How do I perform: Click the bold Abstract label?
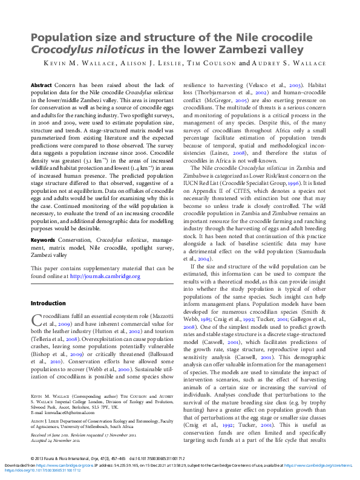(x=41, y=86)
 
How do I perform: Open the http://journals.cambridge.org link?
(x=105, y=276)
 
